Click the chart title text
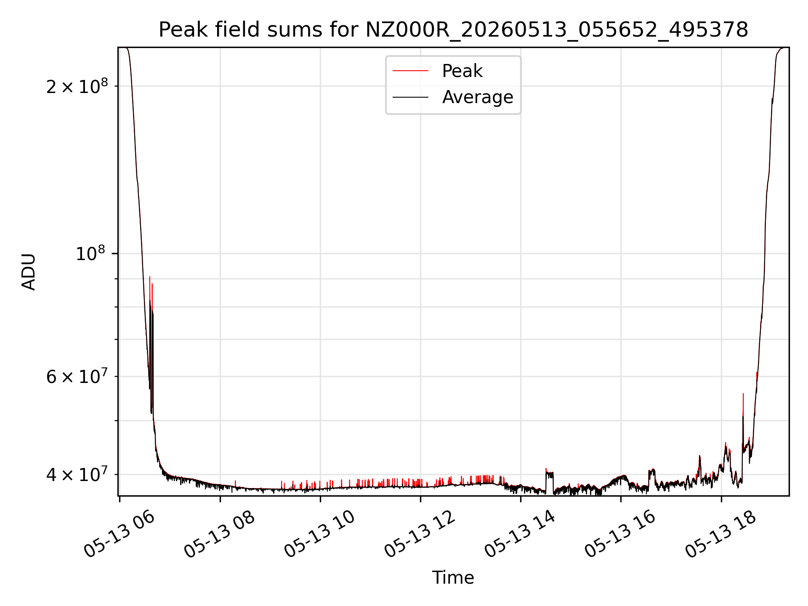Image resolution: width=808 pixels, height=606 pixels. coord(453,30)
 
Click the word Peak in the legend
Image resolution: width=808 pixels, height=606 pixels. coord(462,71)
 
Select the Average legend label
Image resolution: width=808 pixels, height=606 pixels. coord(478,97)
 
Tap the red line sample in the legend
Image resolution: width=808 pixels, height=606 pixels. coord(411,71)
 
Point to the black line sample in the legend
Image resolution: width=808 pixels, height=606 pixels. coord(411,97)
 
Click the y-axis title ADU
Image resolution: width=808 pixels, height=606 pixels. coord(29,271)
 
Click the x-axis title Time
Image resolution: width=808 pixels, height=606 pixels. coord(453,578)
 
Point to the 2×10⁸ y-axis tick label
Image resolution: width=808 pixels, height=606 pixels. coord(77,86)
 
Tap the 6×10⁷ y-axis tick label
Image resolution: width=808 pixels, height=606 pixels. coord(77,376)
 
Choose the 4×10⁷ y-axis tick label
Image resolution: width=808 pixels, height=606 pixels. coord(77,474)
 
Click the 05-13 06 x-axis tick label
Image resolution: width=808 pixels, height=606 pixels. coord(119,534)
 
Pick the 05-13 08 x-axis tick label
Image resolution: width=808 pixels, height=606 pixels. coord(219,534)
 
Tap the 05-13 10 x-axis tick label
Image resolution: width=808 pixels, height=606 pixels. coord(319,534)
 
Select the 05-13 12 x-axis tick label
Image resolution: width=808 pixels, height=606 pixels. coord(420,534)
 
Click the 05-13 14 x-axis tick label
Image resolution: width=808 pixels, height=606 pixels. coord(520,534)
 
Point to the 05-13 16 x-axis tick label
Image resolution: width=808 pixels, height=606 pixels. coord(620,534)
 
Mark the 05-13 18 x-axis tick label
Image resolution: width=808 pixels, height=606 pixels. coord(720,534)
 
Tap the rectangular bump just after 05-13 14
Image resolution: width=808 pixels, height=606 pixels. coord(550,473)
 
